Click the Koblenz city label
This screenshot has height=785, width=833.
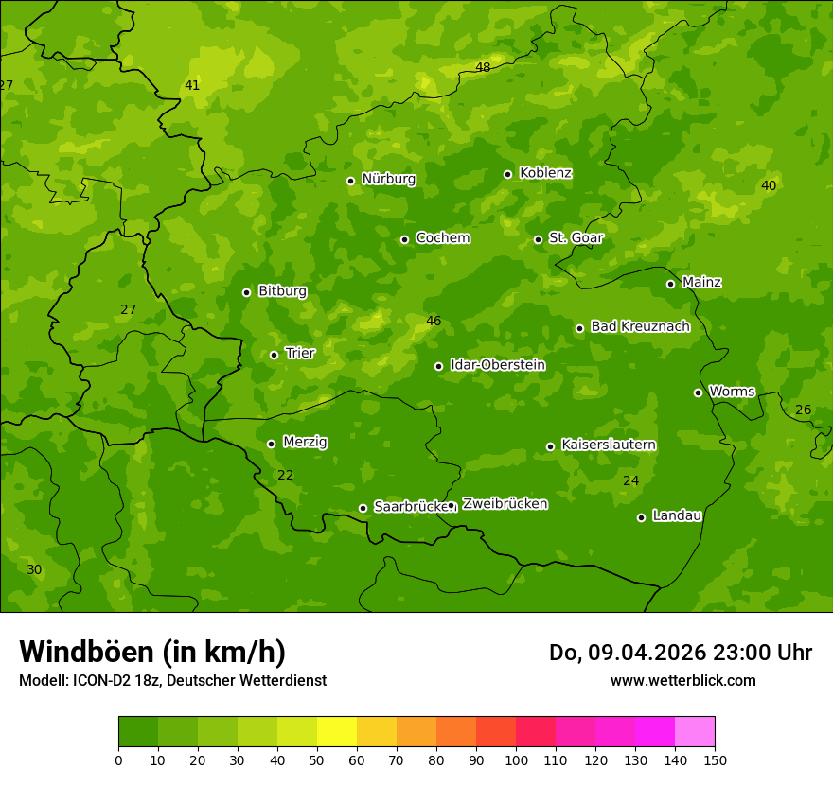(545, 173)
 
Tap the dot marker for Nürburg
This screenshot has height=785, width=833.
(350, 181)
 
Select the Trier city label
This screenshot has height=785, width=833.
(300, 353)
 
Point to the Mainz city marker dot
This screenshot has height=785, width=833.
(670, 284)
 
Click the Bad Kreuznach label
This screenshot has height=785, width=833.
(640, 326)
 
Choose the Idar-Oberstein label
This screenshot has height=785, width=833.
(497, 364)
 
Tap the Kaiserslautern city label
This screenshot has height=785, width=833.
(609, 445)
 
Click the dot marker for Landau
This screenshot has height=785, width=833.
(641, 517)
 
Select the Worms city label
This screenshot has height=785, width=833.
(732, 391)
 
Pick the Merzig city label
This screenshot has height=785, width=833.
(305, 442)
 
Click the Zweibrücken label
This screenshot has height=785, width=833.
(505, 504)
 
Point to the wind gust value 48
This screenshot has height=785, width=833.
(483, 67)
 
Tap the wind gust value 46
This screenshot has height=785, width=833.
(434, 322)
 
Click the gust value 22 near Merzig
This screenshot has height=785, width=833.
(285, 476)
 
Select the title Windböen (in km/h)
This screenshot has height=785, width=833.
(152, 652)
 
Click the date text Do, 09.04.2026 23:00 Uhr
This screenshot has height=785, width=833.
(681, 653)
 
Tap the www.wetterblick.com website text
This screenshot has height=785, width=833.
(682, 680)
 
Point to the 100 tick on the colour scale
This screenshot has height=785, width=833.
(516, 759)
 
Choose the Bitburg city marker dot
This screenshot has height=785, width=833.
(246, 292)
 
